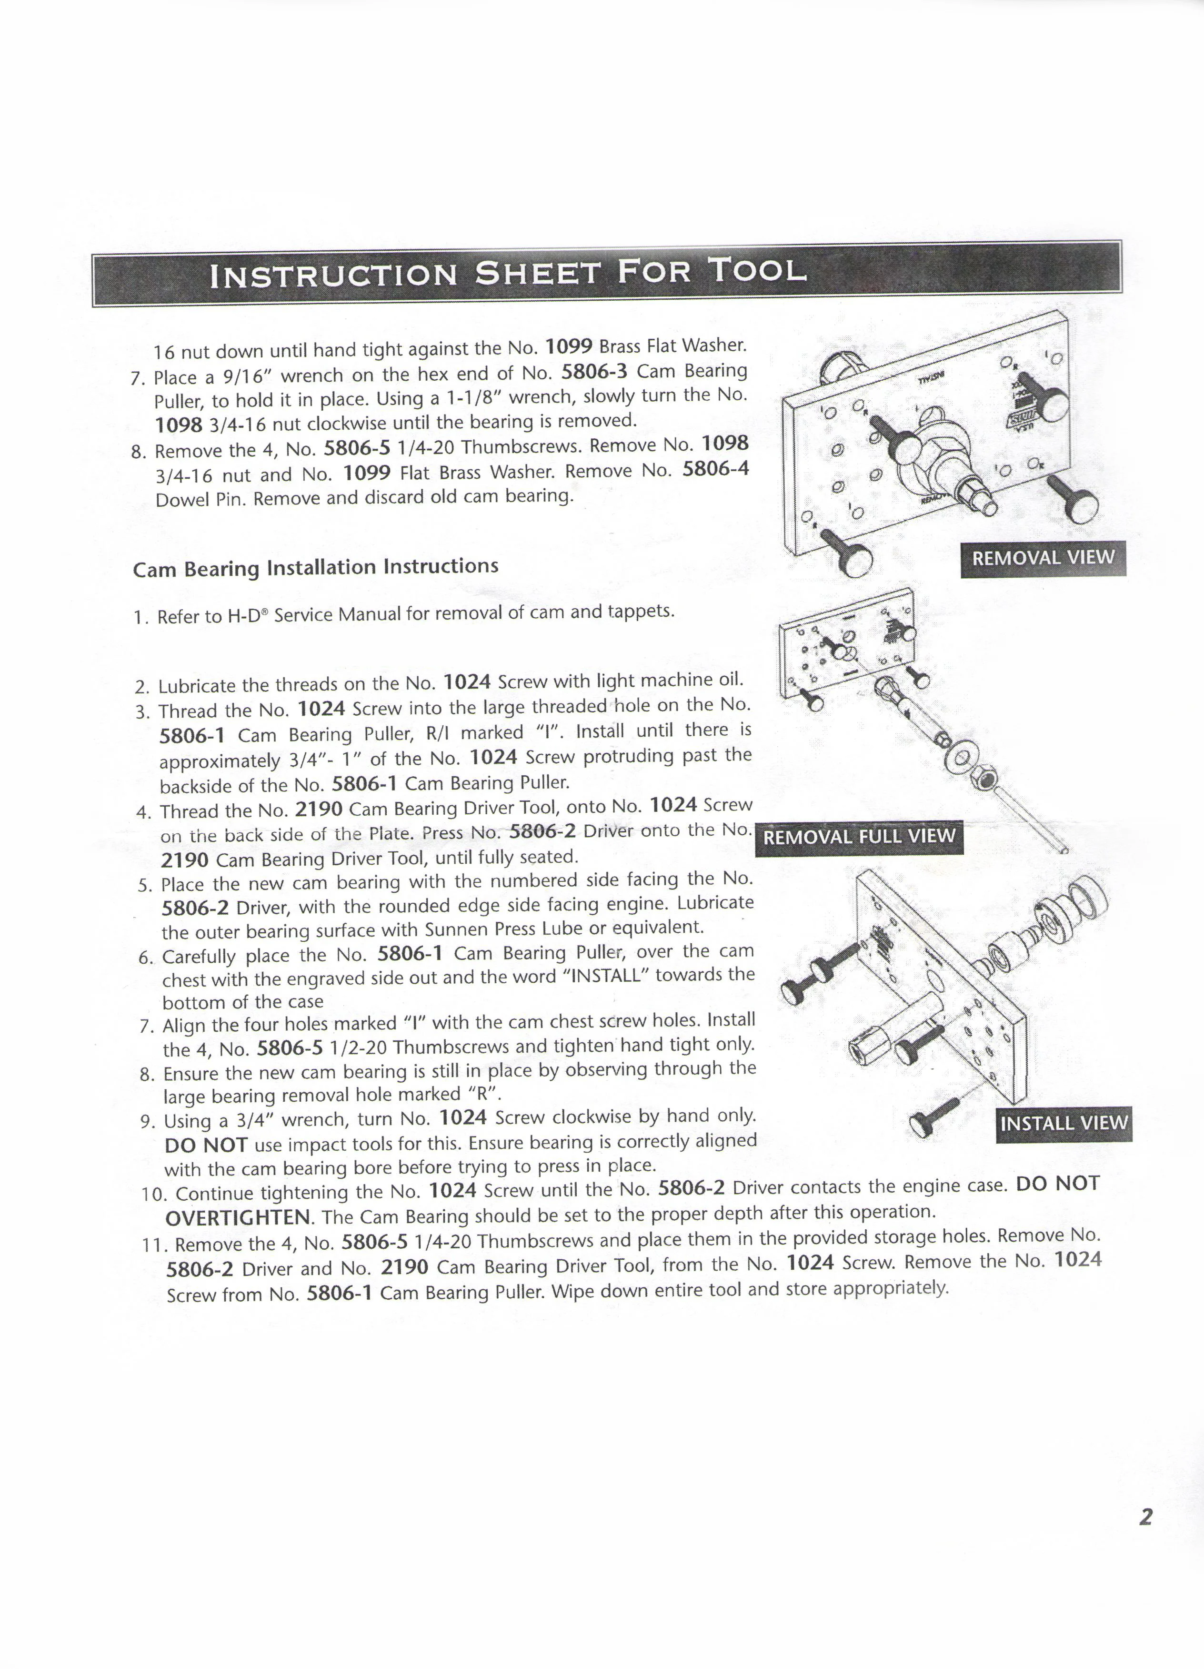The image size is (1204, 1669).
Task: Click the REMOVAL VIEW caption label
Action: [1043, 558]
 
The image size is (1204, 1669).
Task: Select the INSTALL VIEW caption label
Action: [1064, 1123]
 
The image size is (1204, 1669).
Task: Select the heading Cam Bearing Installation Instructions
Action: [315, 568]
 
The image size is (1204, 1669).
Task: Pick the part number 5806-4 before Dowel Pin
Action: [715, 469]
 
